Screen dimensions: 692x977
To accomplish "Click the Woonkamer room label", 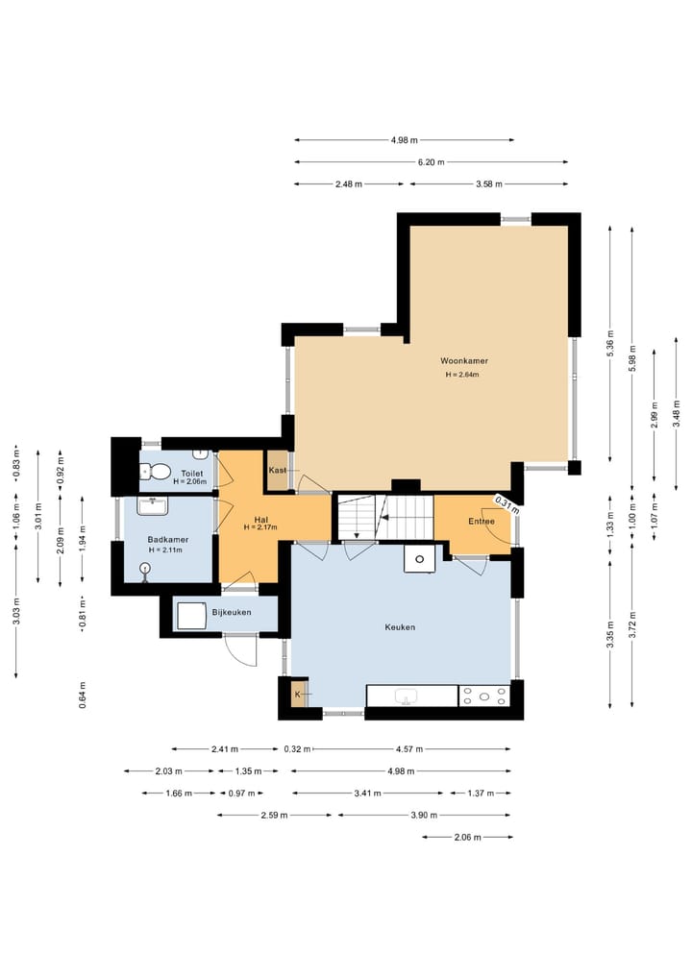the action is pyautogui.click(x=464, y=361).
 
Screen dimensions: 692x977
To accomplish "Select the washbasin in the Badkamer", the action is pyautogui.click(x=152, y=506).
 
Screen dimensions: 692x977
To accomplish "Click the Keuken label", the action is pyautogui.click(x=400, y=627).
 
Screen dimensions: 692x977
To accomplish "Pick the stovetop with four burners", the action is pyautogui.click(x=484, y=696).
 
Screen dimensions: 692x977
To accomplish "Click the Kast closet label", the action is pyautogui.click(x=278, y=470).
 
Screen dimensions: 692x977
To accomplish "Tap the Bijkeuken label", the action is pyautogui.click(x=232, y=613).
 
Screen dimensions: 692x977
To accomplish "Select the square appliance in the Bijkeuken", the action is pyautogui.click(x=191, y=616).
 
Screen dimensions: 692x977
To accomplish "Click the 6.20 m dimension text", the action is pyautogui.click(x=431, y=162).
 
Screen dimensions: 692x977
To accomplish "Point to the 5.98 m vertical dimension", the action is pyautogui.click(x=632, y=358).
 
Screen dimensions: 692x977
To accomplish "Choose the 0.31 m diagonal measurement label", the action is pyautogui.click(x=507, y=504).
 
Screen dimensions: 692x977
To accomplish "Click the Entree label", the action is pyautogui.click(x=482, y=522).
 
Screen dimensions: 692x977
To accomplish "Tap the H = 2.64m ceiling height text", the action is pyautogui.click(x=462, y=375).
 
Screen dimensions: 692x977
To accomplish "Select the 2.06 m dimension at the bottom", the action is pyautogui.click(x=467, y=838).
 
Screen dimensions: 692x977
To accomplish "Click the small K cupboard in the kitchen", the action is pyautogui.click(x=299, y=694).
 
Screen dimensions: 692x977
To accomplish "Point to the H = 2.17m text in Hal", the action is pyautogui.click(x=259, y=527).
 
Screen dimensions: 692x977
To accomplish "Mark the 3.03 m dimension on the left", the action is pyautogui.click(x=16, y=611).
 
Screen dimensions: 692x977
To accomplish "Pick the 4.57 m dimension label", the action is pyautogui.click(x=409, y=749).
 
